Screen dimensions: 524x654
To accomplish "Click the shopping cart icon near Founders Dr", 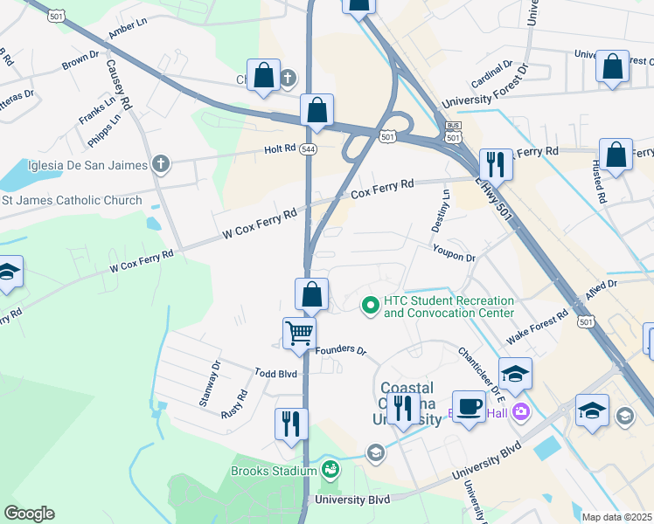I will (299, 334).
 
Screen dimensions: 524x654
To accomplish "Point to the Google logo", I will (29, 514).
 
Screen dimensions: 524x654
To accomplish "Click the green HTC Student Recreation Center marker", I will (371, 305).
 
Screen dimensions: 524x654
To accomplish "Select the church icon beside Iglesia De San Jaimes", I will (159, 163).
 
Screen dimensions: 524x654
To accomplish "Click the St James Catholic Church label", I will (72, 200).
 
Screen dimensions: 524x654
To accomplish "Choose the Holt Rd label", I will (280, 149).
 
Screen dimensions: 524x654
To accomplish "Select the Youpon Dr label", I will (453, 258).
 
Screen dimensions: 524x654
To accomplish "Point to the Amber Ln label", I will (124, 31).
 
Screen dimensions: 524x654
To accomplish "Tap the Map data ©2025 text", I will (617, 517).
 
